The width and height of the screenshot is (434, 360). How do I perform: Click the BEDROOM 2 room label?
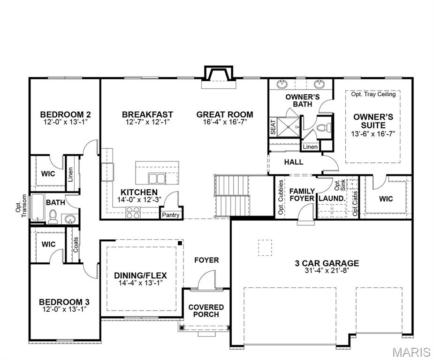(65, 114)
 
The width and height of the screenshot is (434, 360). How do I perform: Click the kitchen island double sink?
(157, 178)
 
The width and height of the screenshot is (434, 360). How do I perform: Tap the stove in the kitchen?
(133, 213)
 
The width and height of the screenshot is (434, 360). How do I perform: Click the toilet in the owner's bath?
(323, 128)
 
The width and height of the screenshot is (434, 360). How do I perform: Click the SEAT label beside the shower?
(273, 127)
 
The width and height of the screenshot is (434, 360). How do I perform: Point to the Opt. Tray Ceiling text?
(373, 94)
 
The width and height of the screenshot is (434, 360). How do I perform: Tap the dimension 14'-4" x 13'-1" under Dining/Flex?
(140, 283)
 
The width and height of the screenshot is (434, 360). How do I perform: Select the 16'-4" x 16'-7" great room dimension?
(225, 122)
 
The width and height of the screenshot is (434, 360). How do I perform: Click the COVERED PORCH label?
(206, 311)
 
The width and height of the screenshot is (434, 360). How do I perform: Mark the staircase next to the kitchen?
(231, 196)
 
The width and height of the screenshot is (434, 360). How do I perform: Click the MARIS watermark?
(412, 352)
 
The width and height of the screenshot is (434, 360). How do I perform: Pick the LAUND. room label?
(332, 199)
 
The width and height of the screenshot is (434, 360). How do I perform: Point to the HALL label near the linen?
(294, 162)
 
